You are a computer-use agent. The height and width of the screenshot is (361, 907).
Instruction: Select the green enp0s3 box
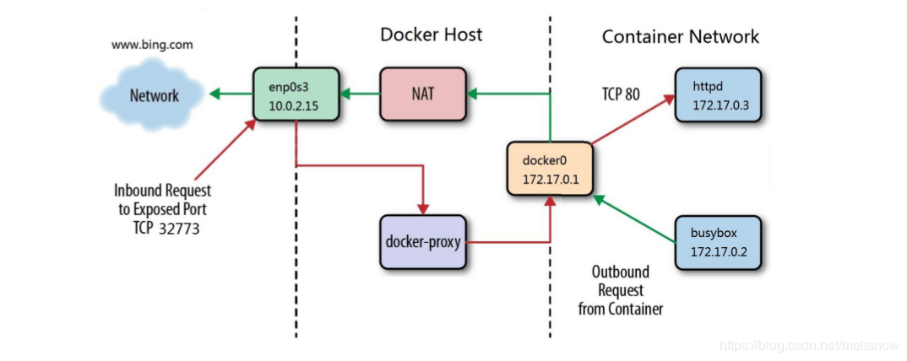click(x=296, y=94)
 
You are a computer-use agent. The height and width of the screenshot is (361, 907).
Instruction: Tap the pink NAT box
click(x=423, y=93)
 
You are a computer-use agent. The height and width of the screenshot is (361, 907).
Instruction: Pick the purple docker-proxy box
click(x=423, y=242)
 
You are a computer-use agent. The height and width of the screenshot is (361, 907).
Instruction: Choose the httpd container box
click(x=718, y=96)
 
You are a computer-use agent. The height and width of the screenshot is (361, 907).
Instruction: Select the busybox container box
click(x=718, y=241)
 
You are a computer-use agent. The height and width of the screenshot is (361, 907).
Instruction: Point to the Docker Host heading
click(x=432, y=35)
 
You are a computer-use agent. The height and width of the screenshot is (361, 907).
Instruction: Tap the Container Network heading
click(x=680, y=36)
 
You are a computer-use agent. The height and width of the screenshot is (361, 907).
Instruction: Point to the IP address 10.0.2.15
click(x=296, y=105)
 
